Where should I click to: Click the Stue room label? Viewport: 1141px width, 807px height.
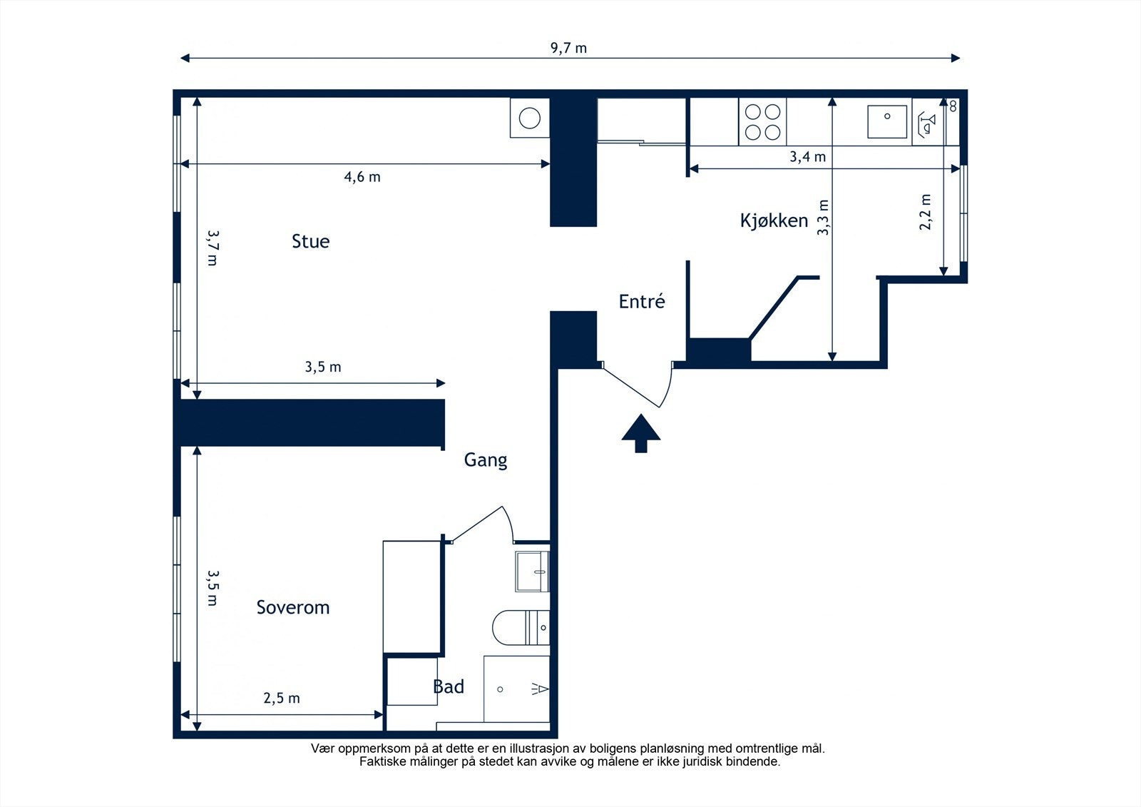click(x=310, y=241)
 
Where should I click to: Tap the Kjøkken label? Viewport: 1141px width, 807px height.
click(x=774, y=220)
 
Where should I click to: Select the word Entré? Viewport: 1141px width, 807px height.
click(x=642, y=301)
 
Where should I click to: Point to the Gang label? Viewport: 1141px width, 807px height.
click(x=486, y=460)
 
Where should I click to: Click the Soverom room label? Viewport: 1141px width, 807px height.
click(x=293, y=607)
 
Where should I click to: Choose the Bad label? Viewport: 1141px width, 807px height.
click(x=449, y=686)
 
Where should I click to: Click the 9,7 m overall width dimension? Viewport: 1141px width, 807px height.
click(x=568, y=49)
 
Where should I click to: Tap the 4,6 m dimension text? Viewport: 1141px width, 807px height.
click(x=362, y=177)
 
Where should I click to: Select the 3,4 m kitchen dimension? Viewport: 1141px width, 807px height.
click(x=807, y=156)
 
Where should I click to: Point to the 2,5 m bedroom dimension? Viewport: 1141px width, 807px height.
click(x=282, y=698)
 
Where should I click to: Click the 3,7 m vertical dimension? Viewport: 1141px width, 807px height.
click(x=213, y=248)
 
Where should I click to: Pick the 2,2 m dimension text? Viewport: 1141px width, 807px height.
click(x=925, y=212)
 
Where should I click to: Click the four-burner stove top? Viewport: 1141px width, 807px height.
click(x=762, y=122)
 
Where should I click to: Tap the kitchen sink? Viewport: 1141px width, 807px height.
click(x=887, y=122)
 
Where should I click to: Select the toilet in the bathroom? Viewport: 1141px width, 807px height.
click(x=521, y=627)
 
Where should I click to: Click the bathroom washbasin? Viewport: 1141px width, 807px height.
click(x=532, y=572)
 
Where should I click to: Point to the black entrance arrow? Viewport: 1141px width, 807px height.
click(x=641, y=433)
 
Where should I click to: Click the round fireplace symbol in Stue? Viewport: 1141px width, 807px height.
click(x=530, y=118)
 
